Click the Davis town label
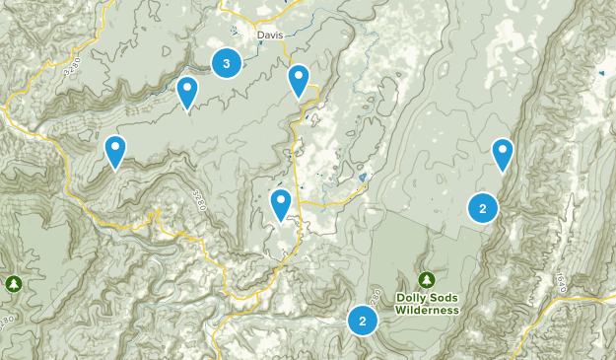[x=269, y=35]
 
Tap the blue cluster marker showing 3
[x=227, y=64]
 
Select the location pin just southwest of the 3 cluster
[x=186, y=93]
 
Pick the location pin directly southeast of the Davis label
[x=299, y=81]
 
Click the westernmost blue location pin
[x=115, y=152]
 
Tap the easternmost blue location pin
[x=503, y=155]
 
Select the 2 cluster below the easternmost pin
[x=482, y=208]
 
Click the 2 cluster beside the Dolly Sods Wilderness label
[x=363, y=321]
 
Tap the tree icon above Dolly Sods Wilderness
[x=426, y=279]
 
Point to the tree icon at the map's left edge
[x=13, y=284]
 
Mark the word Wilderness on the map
[x=428, y=310]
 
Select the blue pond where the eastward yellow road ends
[x=364, y=179]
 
